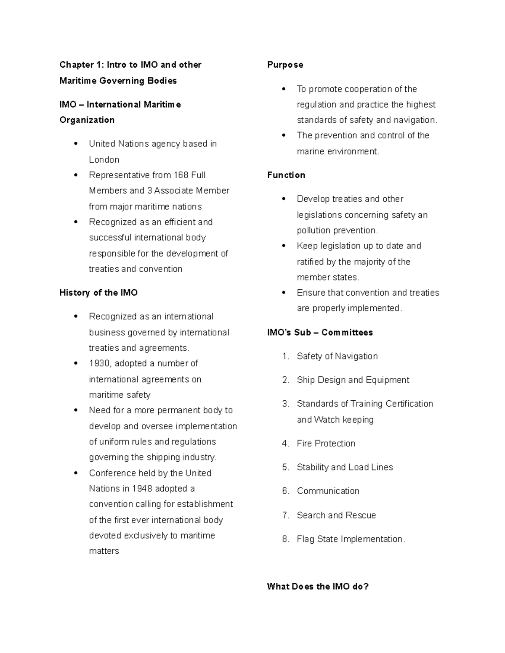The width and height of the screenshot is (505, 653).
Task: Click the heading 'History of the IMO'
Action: pyautogui.click(x=98, y=293)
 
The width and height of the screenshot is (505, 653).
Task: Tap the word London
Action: pyautogui.click(x=104, y=160)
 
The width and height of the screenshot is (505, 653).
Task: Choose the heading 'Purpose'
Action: pyautogui.click(x=285, y=65)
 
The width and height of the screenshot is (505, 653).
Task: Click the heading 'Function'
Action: pyautogui.click(x=286, y=175)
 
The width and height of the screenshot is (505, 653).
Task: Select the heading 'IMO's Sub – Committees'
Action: pyautogui.click(x=320, y=333)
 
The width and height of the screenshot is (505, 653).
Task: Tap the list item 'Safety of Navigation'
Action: pyautogui.click(x=337, y=356)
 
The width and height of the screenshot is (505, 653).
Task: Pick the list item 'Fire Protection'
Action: pyautogui.click(x=326, y=443)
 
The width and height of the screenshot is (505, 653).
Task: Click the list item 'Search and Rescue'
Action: pyautogui.click(x=336, y=515)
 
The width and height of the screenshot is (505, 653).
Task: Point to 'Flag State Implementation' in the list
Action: pyautogui.click(x=350, y=539)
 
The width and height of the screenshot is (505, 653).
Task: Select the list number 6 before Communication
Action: pyautogui.click(x=286, y=491)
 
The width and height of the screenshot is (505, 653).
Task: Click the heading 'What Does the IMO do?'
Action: pyautogui.click(x=318, y=587)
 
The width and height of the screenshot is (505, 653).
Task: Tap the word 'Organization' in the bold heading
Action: pyautogui.click(x=87, y=120)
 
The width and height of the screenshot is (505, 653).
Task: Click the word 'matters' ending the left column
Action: pyautogui.click(x=104, y=551)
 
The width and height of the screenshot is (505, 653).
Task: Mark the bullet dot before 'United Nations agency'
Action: pyautogui.click(x=76, y=144)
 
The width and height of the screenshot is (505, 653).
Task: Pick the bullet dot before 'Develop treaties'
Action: pyautogui.click(x=284, y=199)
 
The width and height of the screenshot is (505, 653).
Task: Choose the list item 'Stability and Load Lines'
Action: pyautogui.click(x=345, y=467)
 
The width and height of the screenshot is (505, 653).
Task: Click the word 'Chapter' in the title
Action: pyautogui.click(x=76, y=65)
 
